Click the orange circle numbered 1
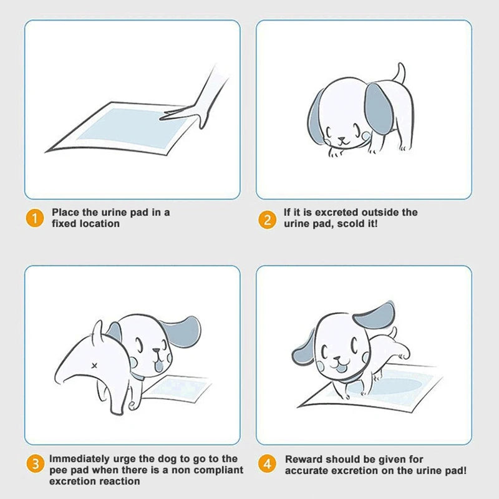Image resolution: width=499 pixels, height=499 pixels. point(36,219)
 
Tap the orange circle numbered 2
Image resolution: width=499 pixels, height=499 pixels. point(267,219)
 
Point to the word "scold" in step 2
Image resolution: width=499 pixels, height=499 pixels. point(346,223)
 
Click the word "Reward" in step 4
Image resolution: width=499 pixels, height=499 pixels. point(304,459)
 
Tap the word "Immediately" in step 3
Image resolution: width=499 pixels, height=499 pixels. point(79,459)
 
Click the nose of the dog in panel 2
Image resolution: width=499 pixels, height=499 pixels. point(341,140)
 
